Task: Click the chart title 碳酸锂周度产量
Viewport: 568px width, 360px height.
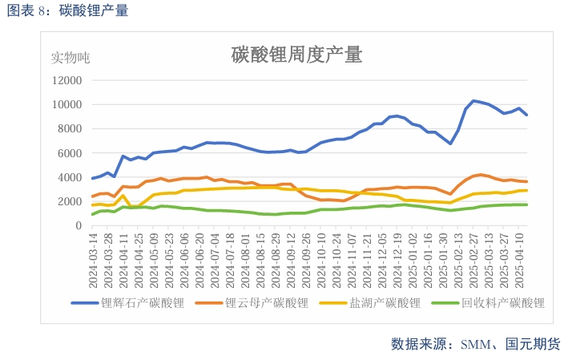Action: (x=296, y=55)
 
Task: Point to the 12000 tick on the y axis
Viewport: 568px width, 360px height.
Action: (x=66, y=80)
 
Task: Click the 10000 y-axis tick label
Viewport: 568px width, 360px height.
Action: (x=66, y=104)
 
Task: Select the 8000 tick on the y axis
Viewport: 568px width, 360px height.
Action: (x=68, y=129)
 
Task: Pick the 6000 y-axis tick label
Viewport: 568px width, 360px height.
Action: (x=68, y=153)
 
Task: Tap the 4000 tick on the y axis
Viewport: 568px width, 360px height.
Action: (x=68, y=177)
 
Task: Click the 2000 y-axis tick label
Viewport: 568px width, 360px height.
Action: (x=68, y=202)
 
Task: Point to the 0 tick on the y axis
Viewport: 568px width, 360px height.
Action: (x=78, y=226)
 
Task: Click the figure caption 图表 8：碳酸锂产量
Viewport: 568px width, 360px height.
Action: (x=67, y=10)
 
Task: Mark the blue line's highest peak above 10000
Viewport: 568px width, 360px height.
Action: (x=473, y=100)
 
